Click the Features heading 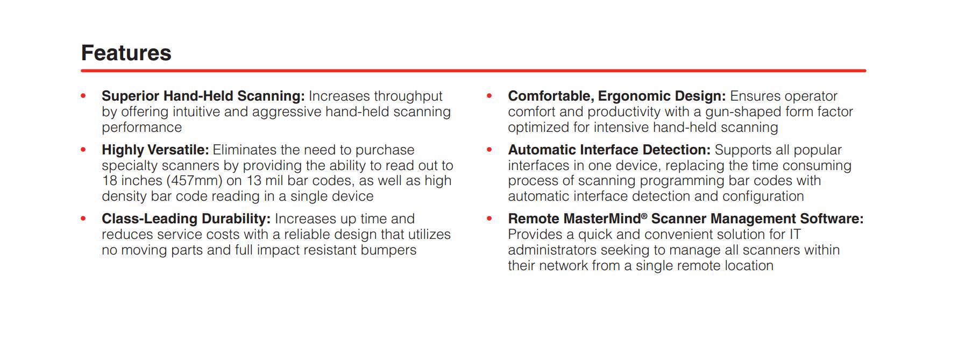click(126, 53)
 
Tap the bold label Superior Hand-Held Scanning click(203, 96)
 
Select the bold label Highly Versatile click(155, 150)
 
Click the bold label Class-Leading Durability click(186, 219)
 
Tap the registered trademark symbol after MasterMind click(644, 216)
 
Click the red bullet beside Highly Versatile click(83, 150)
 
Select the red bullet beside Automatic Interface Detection click(489, 150)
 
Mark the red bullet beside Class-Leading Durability click(83, 218)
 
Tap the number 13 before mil click(254, 181)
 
